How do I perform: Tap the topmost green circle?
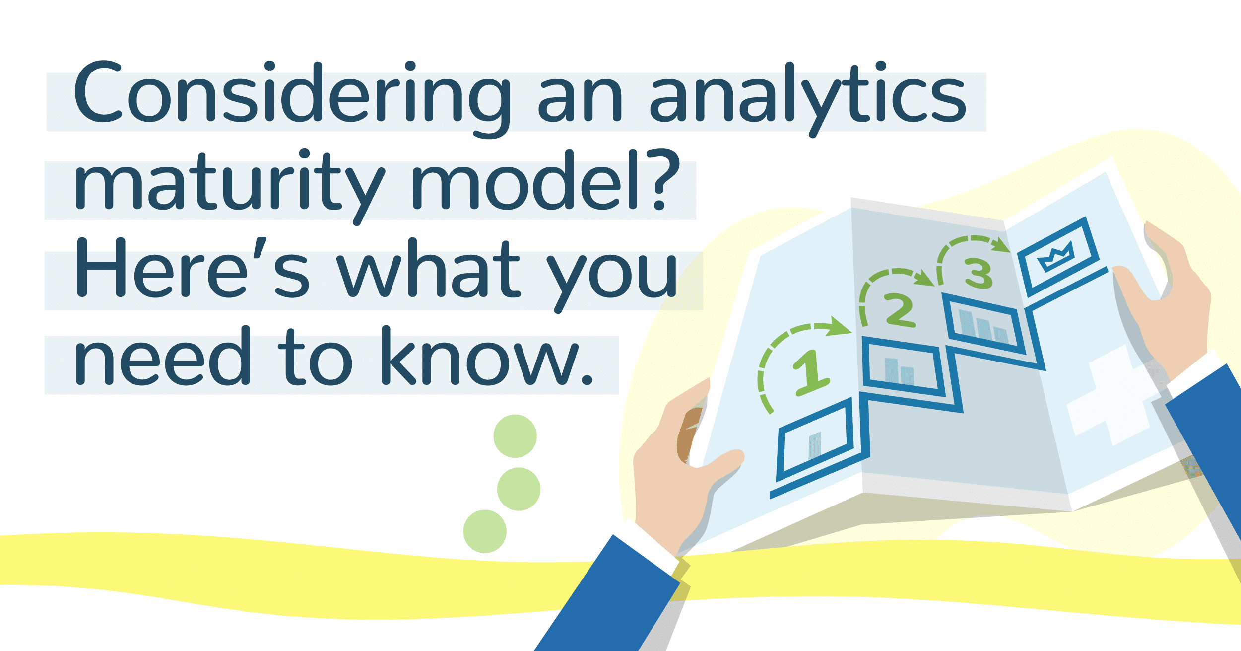(x=515, y=436)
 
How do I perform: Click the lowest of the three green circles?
(x=485, y=531)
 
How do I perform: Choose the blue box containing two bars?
(x=901, y=367)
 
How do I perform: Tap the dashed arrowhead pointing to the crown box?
(x=1002, y=245)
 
